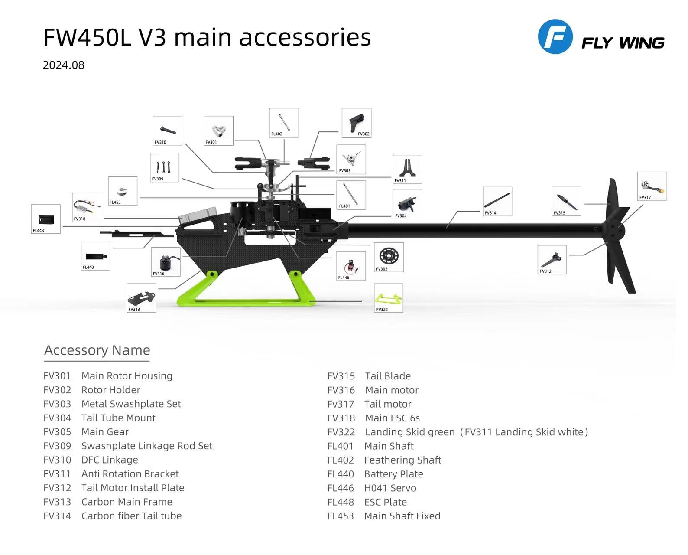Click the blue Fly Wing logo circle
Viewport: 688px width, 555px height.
(555, 36)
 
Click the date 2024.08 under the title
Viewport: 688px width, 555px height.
(63, 65)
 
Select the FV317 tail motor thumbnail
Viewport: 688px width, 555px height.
(651, 186)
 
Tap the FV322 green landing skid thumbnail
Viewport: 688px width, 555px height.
(388, 298)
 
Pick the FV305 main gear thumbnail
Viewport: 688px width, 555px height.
(389, 257)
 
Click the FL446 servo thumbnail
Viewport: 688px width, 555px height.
(351, 266)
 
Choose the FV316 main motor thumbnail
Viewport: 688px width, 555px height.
(166, 262)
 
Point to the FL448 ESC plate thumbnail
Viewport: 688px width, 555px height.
(45, 219)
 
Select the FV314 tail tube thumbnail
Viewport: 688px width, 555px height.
(497, 201)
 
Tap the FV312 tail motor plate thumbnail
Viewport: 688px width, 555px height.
(552, 259)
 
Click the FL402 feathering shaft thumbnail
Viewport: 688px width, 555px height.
(284, 123)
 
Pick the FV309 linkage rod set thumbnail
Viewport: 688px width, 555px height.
(164, 167)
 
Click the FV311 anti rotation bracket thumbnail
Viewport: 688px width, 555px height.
(407, 169)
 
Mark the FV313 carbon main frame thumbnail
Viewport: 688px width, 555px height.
(141, 298)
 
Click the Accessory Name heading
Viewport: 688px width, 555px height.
(97, 350)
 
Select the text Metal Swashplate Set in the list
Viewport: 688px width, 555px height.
(131, 404)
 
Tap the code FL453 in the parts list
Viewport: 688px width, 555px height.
(340, 516)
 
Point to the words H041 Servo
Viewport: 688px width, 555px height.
(390, 488)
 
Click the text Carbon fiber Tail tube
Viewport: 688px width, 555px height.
(131, 516)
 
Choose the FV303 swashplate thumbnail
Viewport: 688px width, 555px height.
(351, 159)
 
